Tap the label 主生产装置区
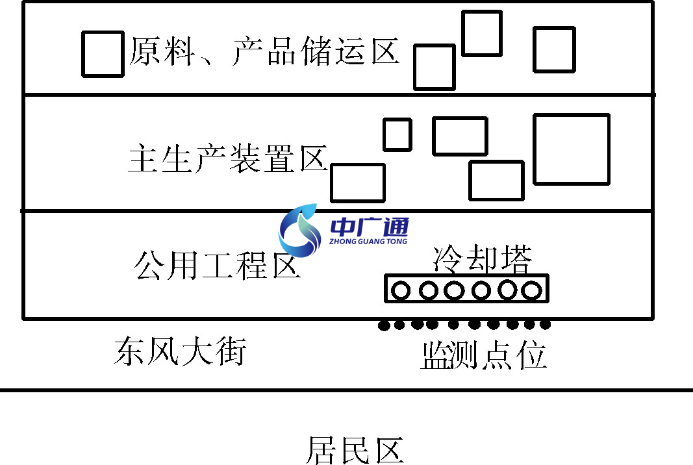[x=227, y=158]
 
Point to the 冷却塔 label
[x=482, y=259]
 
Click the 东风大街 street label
[x=180, y=351]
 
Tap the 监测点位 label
[x=483, y=355]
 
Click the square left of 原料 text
[x=103, y=53]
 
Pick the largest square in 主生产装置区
[x=572, y=149]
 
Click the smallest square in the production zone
[x=397, y=134]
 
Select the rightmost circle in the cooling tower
[x=532, y=290]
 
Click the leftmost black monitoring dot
[x=383, y=325]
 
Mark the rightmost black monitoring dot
[x=546, y=323]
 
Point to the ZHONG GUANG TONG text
[x=368, y=242]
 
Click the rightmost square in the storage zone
[x=554, y=49]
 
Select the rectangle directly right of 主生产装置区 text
[x=358, y=182]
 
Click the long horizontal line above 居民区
[x=346, y=390]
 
